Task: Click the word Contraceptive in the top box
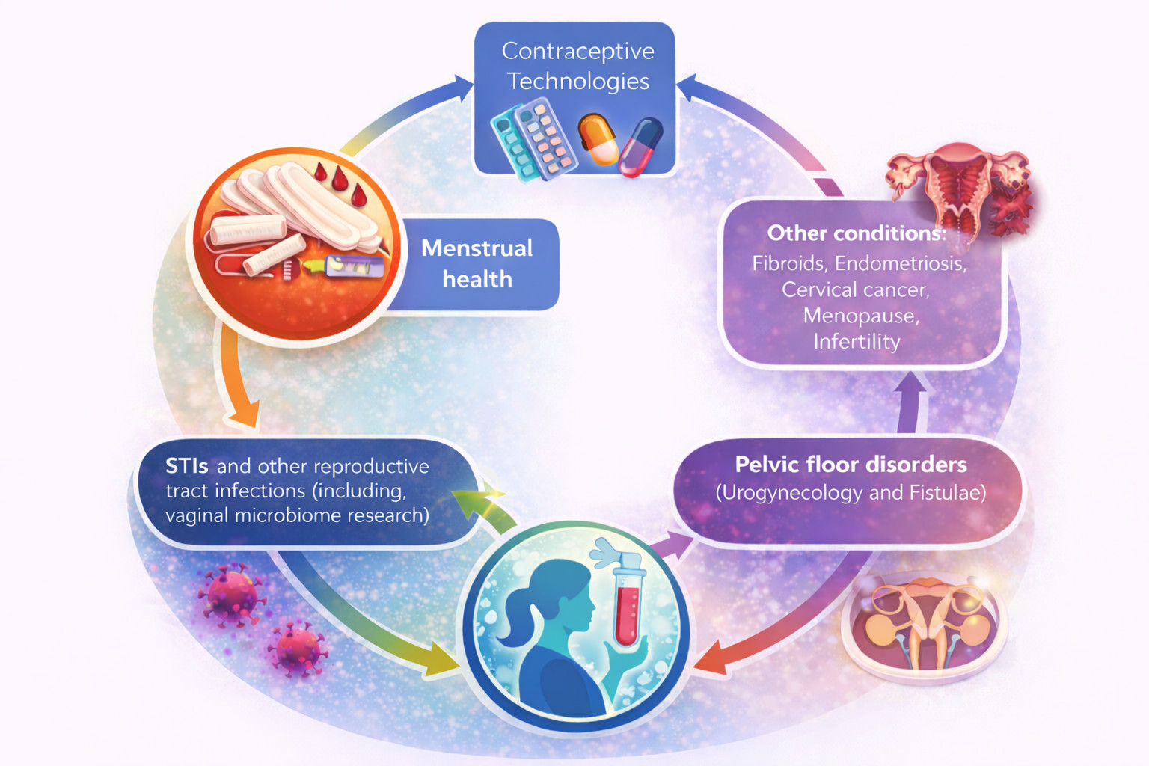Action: pos(577,51)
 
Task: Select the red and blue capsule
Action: pos(640,147)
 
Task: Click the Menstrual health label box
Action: pos(477,263)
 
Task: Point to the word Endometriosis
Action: pos(900,263)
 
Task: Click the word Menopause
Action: pos(860,316)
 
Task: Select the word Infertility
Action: pos(857,342)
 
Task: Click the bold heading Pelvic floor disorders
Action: pos(851,465)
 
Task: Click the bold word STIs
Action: pos(186,466)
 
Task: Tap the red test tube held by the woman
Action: pos(626,606)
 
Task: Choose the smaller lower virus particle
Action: pos(297,649)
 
